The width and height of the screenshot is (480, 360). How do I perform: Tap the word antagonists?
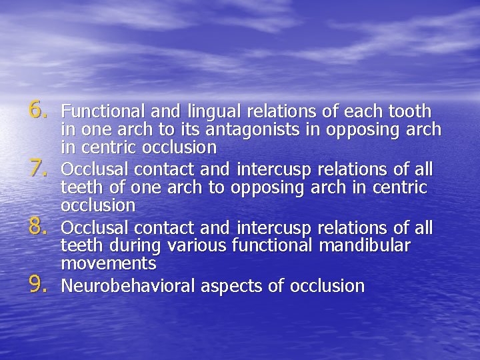click(243, 129)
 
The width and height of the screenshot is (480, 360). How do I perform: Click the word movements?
click(109, 263)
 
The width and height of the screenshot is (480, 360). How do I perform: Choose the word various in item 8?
click(197, 246)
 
